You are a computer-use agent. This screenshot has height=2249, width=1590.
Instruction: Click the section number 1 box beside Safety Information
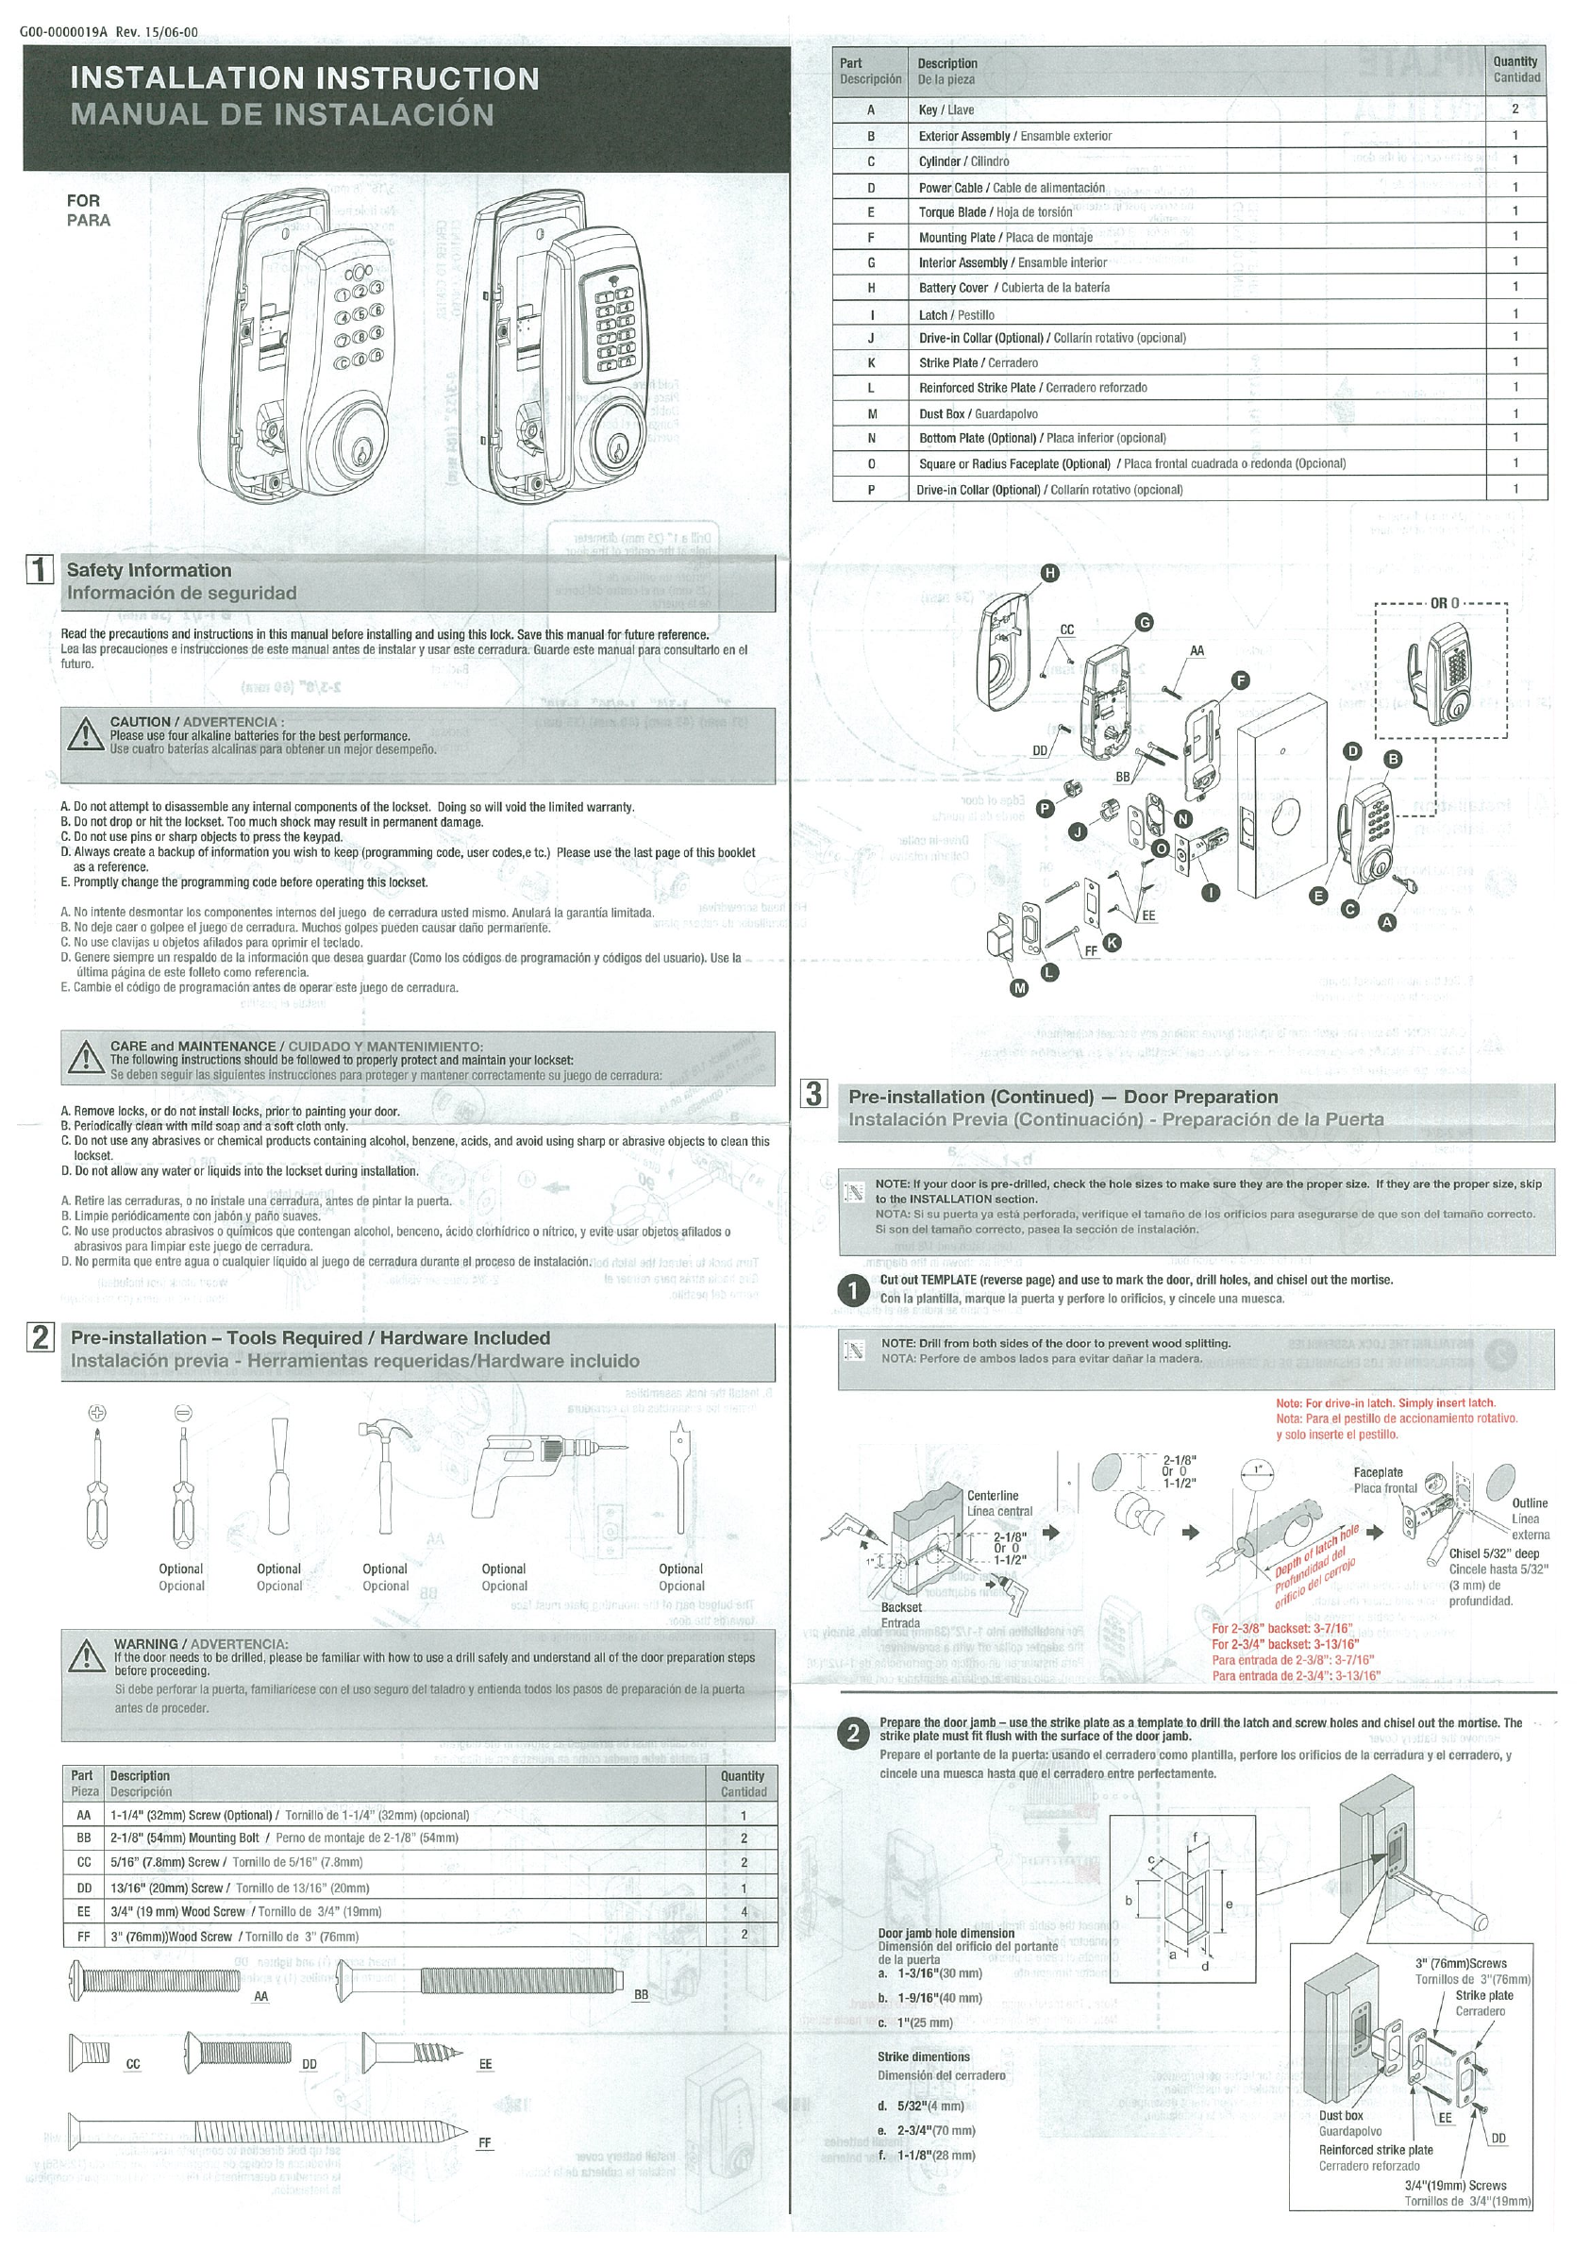click(x=40, y=570)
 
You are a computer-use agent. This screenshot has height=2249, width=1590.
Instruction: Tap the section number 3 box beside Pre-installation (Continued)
click(x=814, y=1094)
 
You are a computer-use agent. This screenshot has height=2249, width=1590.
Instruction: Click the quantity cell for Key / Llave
click(x=1515, y=109)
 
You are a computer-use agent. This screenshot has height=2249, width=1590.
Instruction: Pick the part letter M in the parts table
click(x=871, y=413)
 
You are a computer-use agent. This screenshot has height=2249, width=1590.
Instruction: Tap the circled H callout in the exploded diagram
click(x=1048, y=574)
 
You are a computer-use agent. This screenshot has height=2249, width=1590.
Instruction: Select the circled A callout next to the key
click(x=1386, y=922)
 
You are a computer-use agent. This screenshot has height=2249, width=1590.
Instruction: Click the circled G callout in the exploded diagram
click(x=1144, y=622)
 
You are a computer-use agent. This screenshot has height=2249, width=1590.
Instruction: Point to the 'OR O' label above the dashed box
click(x=1444, y=603)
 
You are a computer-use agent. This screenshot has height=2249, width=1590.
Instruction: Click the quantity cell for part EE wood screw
click(x=744, y=1911)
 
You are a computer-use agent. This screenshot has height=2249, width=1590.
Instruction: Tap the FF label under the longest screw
click(x=485, y=2142)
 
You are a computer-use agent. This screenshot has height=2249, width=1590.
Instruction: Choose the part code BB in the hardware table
click(x=83, y=1838)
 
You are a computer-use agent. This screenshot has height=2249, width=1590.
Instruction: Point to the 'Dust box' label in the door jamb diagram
click(x=1340, y=2115)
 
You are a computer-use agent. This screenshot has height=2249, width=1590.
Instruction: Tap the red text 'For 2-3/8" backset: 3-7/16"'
click(x=1282, y=1629)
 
